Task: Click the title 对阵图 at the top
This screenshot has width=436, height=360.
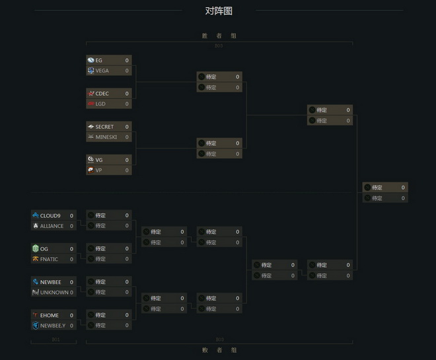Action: click(x=219, y=11)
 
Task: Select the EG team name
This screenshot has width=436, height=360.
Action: click(x=99, y=60)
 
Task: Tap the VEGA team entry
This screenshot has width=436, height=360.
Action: click(x=102, y=71)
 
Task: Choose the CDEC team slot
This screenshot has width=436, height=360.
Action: click(x=103, y=93)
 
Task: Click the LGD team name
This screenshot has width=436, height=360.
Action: click(x=100, y=104)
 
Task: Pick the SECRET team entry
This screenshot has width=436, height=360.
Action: click(x=104, y=126)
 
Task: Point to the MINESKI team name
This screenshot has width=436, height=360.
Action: click(x=106, y=137)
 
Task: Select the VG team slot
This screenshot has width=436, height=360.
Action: click(x=99, y=159)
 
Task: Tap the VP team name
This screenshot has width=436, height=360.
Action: click(x=99, y=170)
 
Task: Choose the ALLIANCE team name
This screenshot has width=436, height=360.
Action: click(x=52, y=226)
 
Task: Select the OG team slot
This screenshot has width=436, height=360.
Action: click(x=44, y=248)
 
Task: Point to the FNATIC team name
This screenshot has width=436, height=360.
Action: click(x=49, y=259)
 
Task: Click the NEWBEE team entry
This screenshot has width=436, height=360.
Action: click(x=50, y=281)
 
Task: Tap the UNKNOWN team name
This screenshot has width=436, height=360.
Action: click(x=53, y=292)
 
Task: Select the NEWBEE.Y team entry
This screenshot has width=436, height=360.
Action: click(x=53, y=326)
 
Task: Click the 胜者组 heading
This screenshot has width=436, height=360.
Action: click(x=219, y=36)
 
